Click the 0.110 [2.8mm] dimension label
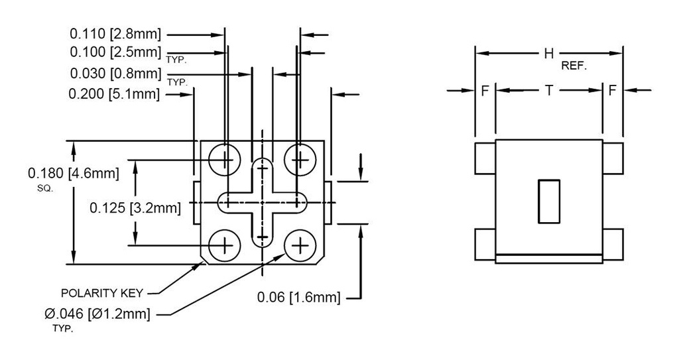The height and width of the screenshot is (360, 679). tap(115, 33)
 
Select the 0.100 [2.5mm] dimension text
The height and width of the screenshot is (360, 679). tap(115, 52)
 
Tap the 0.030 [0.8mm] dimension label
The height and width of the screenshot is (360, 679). tap(115, 73)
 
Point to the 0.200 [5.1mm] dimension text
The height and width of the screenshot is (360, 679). tap(114, 94)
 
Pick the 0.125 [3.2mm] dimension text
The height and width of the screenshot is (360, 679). tap(135, 208)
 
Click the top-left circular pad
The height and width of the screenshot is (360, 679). tap(225, 160)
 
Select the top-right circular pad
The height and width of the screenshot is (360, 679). tap(300, 160)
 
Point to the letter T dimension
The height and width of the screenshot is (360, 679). tap(548, 91)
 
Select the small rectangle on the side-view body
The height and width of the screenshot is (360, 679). tap(548, 200)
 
